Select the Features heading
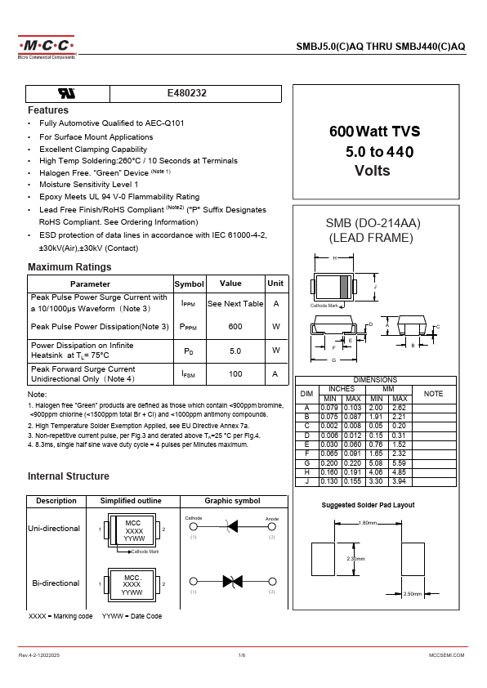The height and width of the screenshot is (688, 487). coord(48,110)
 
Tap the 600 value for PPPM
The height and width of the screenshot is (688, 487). coord(235,327)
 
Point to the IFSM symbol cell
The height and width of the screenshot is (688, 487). coord(189,373)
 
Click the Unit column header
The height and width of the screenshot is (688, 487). coord(275,284)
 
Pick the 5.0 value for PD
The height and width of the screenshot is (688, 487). coord(235,350)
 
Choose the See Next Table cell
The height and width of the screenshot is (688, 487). coord(235,303)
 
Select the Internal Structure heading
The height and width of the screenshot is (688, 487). coord(68,476)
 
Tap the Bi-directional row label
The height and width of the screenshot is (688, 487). coord(56,583)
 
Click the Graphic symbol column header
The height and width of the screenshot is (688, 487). coord(232,501)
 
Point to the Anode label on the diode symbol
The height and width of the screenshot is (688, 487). coord(272,519)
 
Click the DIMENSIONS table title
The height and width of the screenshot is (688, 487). coord(375,380)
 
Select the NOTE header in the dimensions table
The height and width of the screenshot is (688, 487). coord(433,394)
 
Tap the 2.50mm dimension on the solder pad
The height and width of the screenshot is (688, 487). coord(413,594)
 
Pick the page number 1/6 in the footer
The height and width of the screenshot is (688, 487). coord(242,655)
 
